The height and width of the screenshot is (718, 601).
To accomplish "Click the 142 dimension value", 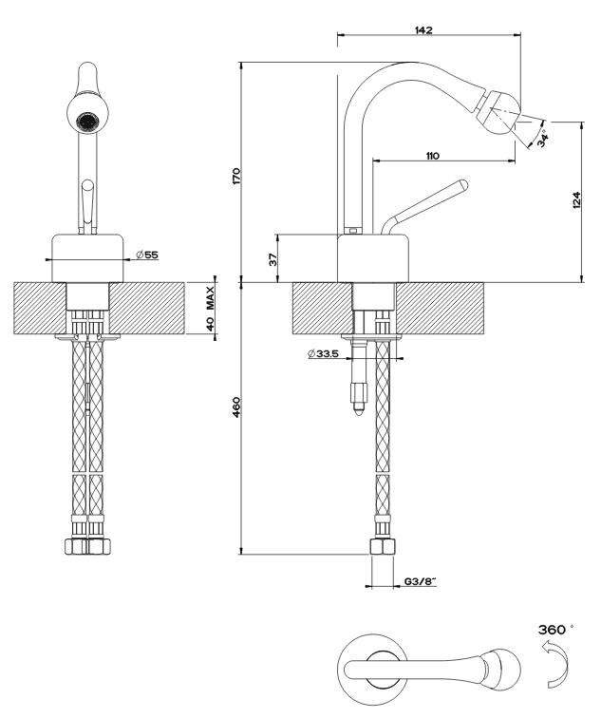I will (423, 30).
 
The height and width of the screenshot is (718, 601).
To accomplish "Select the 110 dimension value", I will (432, 155).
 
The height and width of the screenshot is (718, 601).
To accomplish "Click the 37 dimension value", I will (272, 258).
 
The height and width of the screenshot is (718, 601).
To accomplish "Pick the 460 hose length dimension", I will (236, 406).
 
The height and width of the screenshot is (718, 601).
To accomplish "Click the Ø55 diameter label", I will (146, 255).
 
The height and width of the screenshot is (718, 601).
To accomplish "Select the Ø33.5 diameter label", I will (324, 353).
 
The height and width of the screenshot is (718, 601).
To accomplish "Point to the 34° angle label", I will (541, 139).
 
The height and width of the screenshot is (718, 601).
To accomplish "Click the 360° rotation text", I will (555, 630).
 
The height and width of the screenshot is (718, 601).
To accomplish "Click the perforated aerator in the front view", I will (86, 121).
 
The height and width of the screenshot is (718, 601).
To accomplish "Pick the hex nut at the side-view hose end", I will (382, 548).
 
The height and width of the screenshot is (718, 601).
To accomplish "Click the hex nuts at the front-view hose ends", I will (86, 547).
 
